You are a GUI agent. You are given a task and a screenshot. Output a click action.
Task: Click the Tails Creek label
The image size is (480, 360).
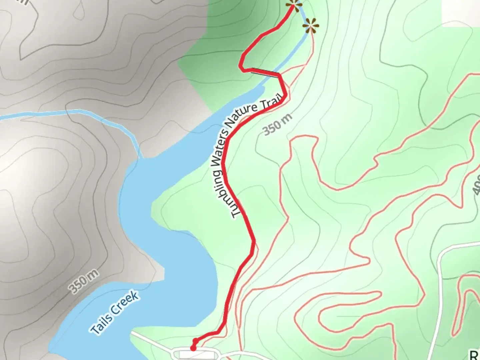115,313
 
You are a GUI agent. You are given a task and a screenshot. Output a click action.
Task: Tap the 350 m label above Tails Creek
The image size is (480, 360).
84,281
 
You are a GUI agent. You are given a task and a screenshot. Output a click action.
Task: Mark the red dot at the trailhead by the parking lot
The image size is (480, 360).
193,348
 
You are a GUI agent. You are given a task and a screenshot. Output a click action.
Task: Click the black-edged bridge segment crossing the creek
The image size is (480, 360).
265,72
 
